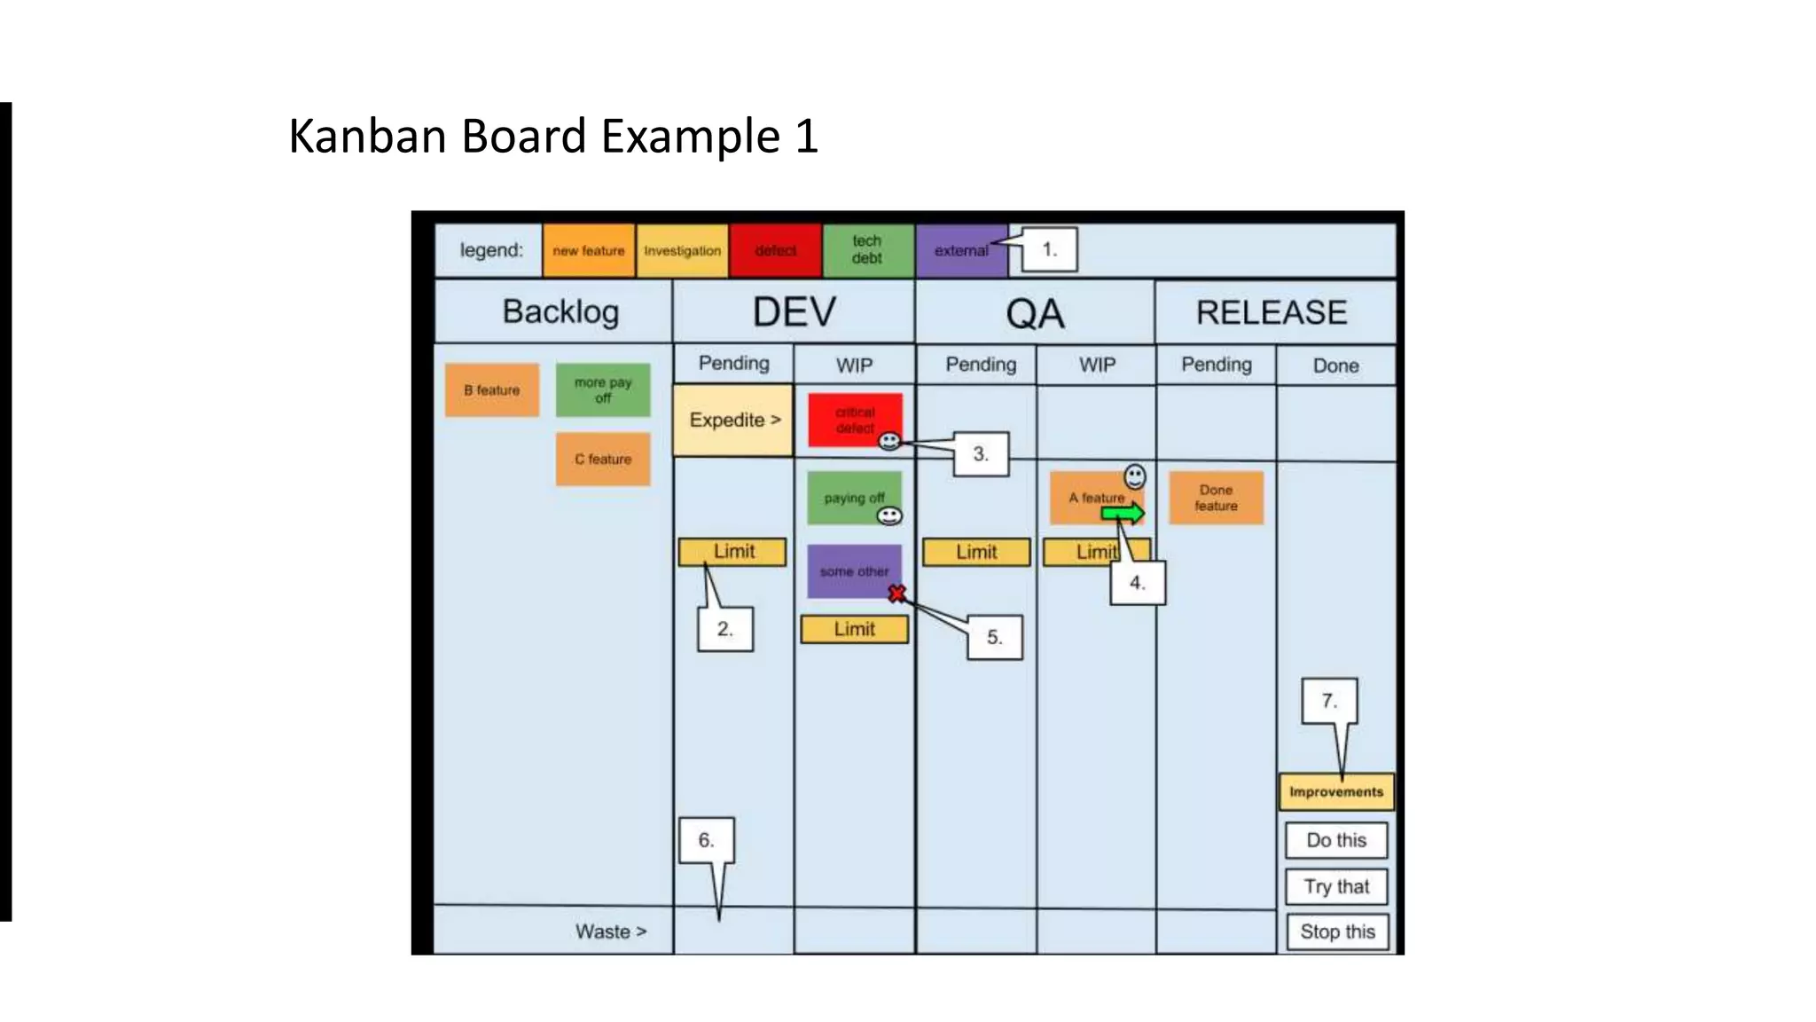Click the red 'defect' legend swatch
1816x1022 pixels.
click(x=775, y=251)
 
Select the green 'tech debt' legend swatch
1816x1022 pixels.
click(x=867, y=250)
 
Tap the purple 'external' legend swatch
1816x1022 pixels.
click(x=960, y=251)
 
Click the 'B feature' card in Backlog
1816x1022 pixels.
click(x=492, y=390)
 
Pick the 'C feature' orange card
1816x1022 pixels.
click(x=603, y=460)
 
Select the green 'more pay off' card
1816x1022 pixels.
click(x=603, y=390)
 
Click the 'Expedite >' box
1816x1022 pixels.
click(x=733, y=421)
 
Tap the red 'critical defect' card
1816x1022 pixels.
click(x=854, y=419)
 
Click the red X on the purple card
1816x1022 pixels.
click(x=897, y=594)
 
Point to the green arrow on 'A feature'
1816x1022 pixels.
click(x=1123, y=513)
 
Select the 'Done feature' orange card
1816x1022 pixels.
click(x=1216, y=498)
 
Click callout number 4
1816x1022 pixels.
click(x=1138, y=584)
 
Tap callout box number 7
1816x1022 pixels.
click(x=1329, y=701)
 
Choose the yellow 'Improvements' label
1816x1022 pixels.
click(x=1336, y=792)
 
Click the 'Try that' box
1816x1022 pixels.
click(x=1336, y=886)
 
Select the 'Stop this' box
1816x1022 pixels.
click(x=1337, y=932)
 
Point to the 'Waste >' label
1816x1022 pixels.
click(x=611, y=932)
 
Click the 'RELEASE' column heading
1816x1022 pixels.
click(x=1272, y=312)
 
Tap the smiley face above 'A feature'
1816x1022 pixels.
click(x=1135, y=476)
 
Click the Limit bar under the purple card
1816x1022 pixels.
click(x=854, y=629)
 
